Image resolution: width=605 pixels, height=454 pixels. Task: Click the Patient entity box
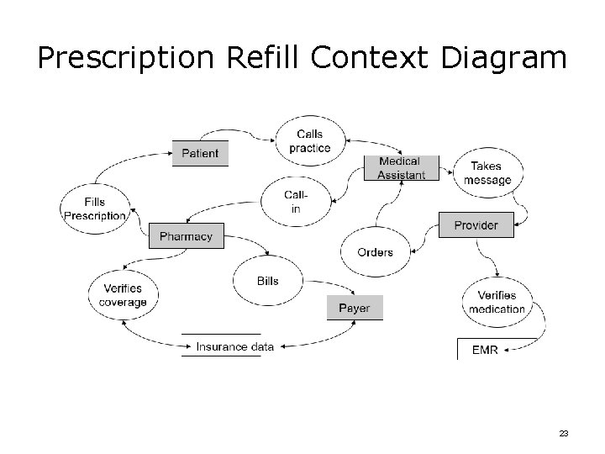[x=200, y=153]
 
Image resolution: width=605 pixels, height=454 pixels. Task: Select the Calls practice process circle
[x=309, y=141]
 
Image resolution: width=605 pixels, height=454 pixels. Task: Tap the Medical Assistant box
[x=401, y=168]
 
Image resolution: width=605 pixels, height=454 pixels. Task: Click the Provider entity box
[x=476, y=225]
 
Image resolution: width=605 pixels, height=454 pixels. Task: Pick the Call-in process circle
[x=295, y=202]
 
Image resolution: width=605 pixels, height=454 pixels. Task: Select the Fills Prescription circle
[x=94, y=209]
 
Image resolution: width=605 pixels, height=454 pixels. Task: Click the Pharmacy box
[x=186, y=236]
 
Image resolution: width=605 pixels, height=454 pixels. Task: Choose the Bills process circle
[x=268, y=281]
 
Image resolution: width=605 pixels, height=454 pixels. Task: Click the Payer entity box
[x=354, y=308]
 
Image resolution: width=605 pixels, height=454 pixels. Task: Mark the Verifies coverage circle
[x=123, y=296]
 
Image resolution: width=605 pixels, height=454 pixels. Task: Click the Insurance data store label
[x=234, y=346]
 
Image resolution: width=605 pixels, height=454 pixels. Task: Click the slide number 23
[x=563, y=433]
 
